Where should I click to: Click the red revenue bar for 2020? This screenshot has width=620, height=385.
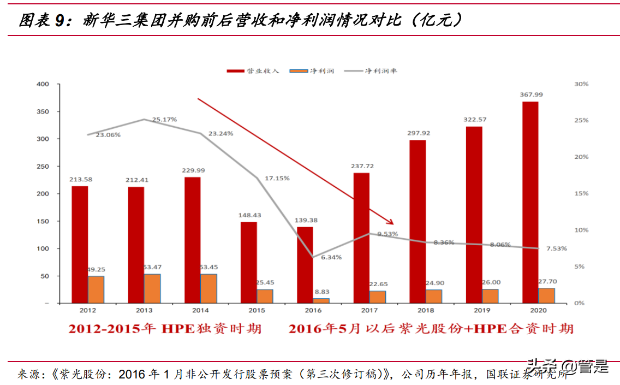529,202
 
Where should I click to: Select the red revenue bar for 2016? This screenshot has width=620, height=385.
305,264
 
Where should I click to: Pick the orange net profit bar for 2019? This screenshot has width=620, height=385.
490,295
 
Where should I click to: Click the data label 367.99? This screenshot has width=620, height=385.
531,95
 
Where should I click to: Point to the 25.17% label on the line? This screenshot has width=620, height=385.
164,119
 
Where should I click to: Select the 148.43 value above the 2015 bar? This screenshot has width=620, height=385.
249,215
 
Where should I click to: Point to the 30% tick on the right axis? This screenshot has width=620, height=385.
582,84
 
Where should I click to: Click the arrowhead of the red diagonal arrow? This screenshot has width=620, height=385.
390,222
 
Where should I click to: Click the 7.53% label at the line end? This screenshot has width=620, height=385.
555,248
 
